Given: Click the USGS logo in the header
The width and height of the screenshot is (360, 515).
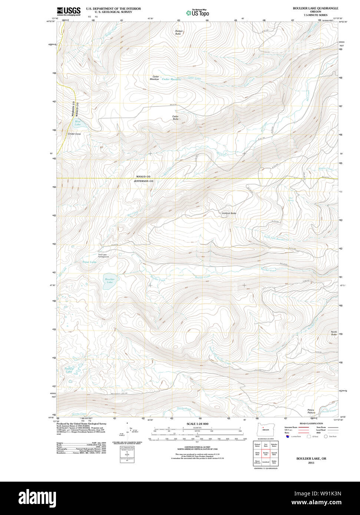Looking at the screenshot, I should coord(69,11).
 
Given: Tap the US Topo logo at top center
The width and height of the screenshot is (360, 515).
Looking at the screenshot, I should coord(198,13).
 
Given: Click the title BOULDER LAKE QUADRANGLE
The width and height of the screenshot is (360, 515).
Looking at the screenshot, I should coord(310,8).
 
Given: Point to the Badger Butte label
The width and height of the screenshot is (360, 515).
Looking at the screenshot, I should coord(179,32).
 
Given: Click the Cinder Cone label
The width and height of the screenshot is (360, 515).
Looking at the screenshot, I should coord(74,134).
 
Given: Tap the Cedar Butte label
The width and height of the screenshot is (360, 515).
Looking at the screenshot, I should coord(175,118).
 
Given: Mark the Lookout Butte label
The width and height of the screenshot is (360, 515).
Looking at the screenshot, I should coord(229,213).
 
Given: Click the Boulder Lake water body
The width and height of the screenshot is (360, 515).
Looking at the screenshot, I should coord(109,281).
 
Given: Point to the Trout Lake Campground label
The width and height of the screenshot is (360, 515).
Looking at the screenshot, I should coord(103,256).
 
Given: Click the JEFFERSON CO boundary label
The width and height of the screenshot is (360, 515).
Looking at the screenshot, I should coord(143,181).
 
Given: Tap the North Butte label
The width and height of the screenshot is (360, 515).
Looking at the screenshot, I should coord(334,333).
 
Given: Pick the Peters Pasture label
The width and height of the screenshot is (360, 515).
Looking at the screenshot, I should coord(311,411).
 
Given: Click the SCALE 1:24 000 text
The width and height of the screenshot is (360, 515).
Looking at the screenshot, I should coord(197,424).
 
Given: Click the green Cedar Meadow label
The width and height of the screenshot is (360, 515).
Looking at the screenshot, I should coord(171,79).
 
